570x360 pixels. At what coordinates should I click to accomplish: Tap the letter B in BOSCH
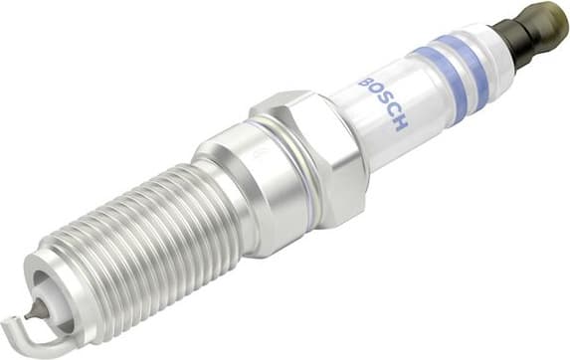coord(366,83)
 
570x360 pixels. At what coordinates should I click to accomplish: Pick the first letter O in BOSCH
coord(374,92)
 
